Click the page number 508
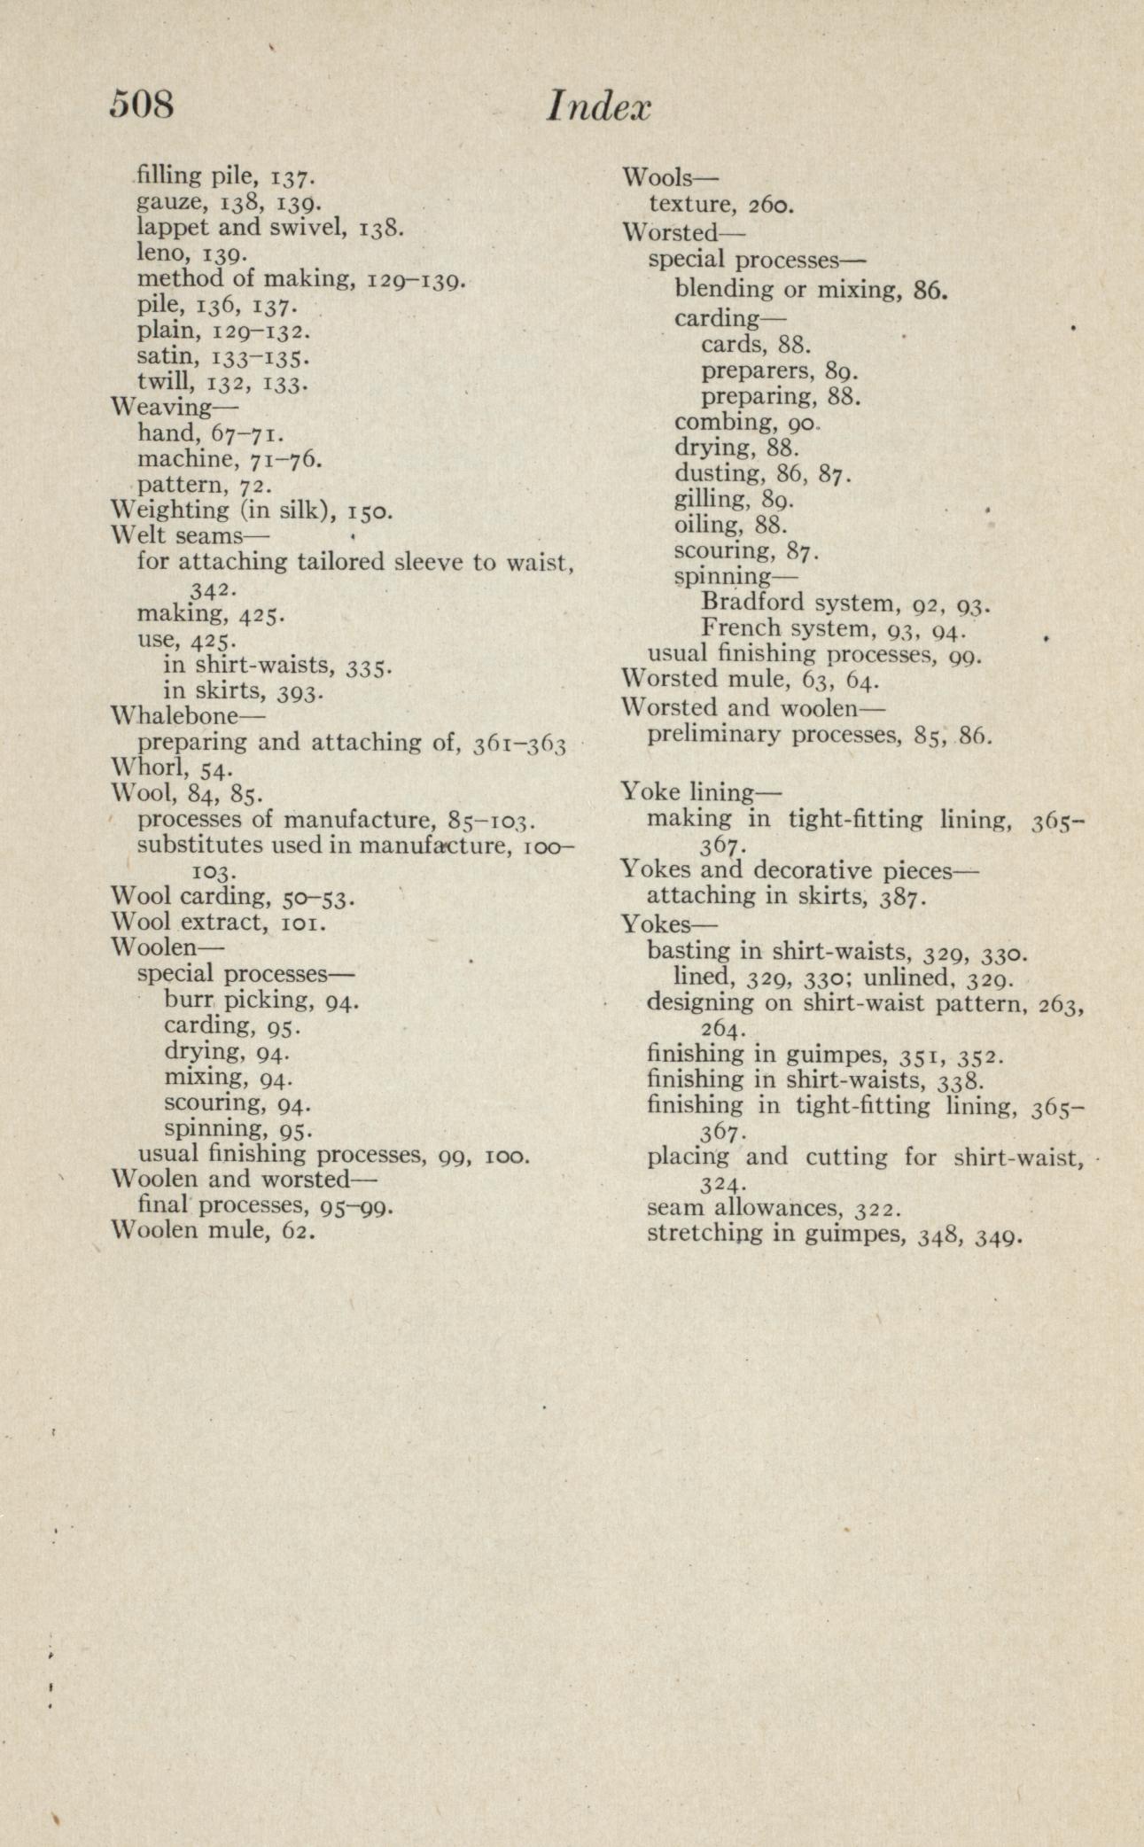coord(142,105)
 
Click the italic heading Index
coord(598,108)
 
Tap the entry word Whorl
coord(144,767)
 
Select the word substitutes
coord(200,845)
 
